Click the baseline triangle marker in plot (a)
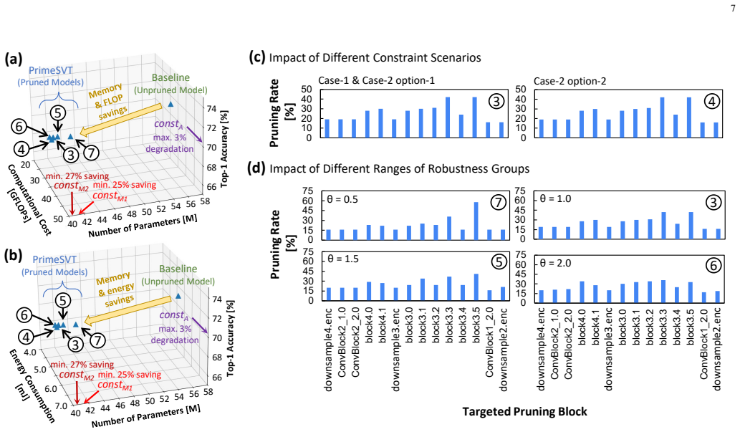click(x=170, y=104)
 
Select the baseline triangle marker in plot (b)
click(x=178, y=296)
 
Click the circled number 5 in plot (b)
click(x=63, y=301)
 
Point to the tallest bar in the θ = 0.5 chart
click(x=476, y=221)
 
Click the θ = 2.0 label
click(x=555, y=263)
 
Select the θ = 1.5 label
click(x=342, y=259)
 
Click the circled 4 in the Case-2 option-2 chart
click(x=711, y=101)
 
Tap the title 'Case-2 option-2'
click(x=570, y=81)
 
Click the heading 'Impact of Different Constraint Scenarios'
click(x=375, y=57)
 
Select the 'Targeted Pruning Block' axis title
click(x=525, y=412)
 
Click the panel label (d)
click(x=256, y=168)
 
